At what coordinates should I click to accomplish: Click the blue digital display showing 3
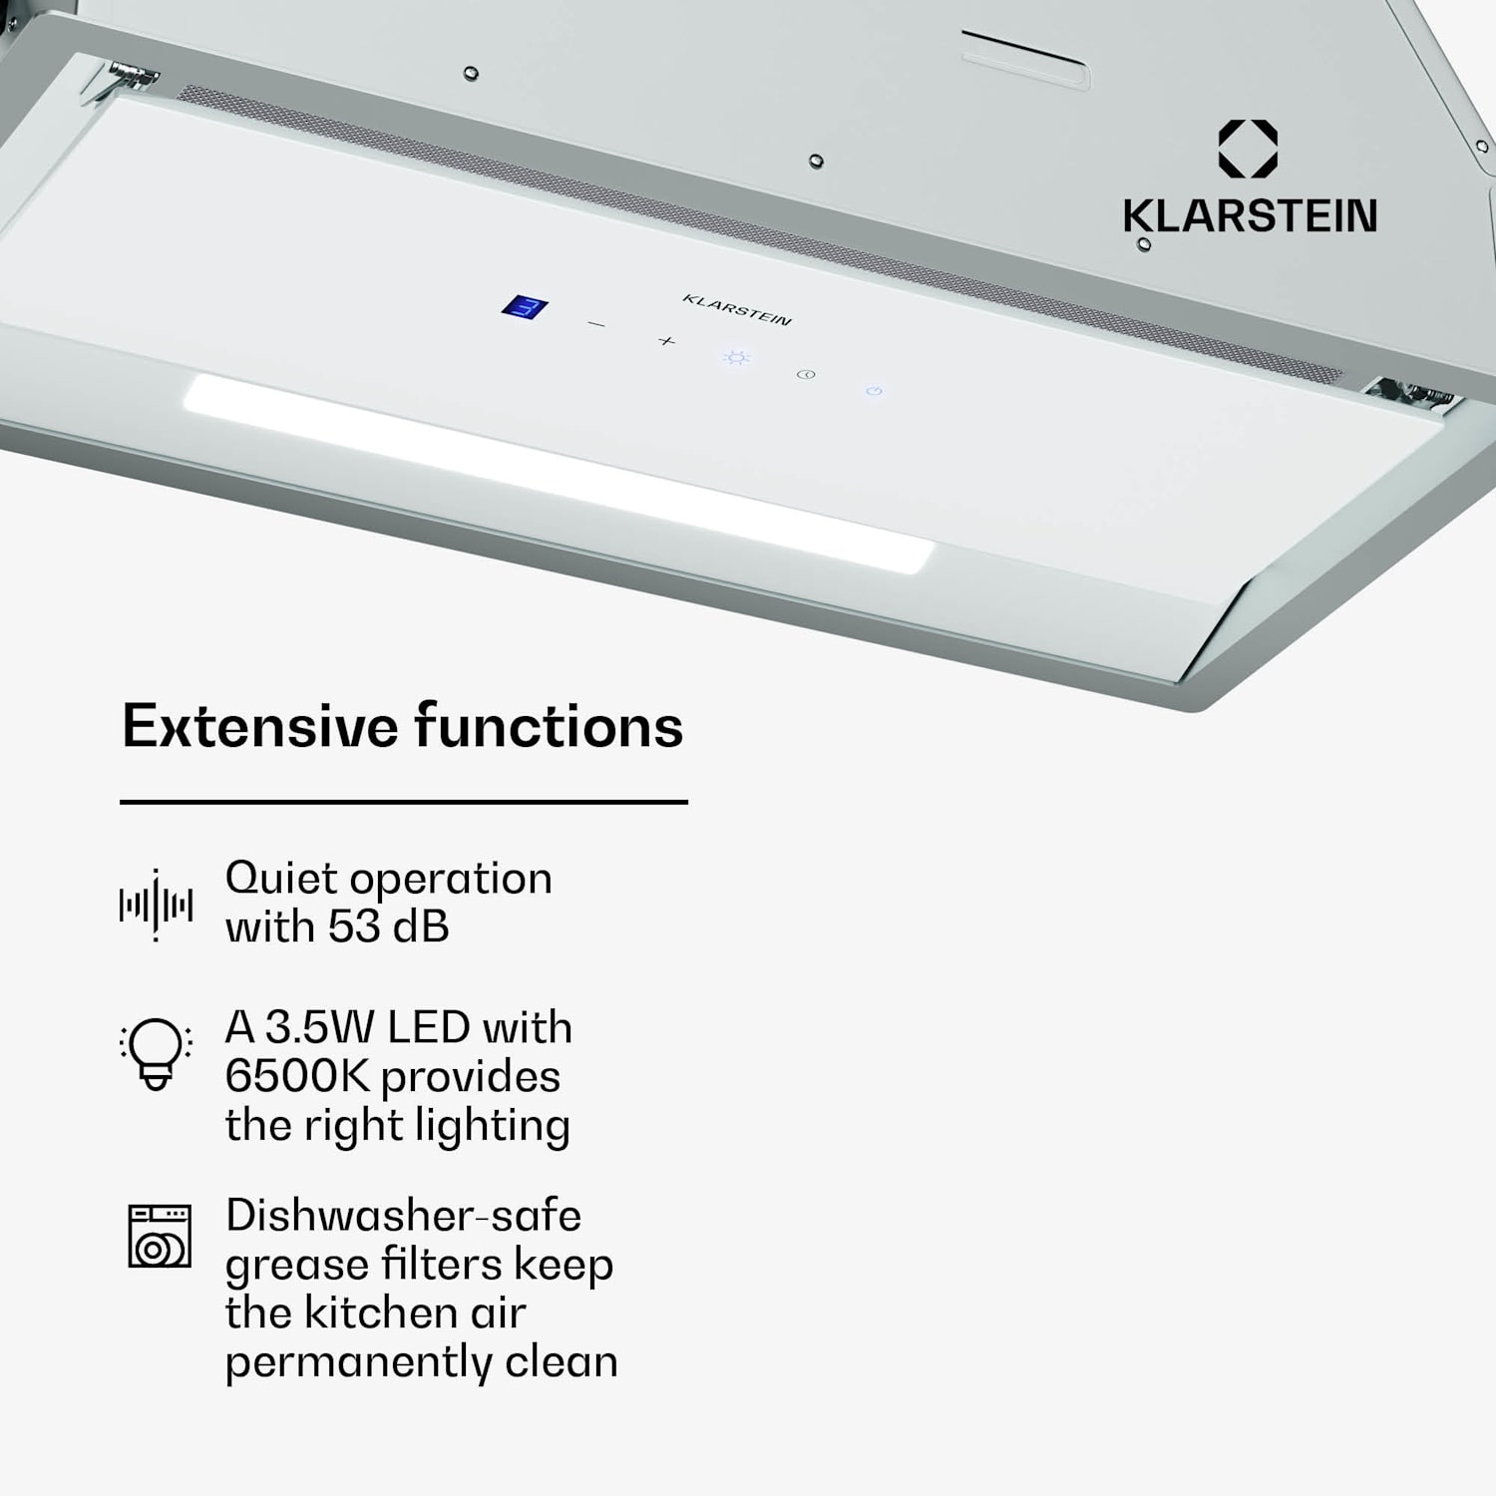coord(524,307)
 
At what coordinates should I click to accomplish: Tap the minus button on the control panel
coord(596,324)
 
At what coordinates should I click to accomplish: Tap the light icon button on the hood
coord(736,357)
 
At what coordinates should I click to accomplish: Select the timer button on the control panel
coord(806,375)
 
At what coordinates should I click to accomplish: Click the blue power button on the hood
coord(874,391)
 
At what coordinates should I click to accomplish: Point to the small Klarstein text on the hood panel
coord(737,310)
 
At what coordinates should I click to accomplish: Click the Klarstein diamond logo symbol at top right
coord(1248,149)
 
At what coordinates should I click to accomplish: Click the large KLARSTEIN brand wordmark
coord(1250,216)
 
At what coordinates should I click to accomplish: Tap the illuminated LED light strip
coord(559,473)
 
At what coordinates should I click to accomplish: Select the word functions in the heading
coord(549,726)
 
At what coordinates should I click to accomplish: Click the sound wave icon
coord(156,906)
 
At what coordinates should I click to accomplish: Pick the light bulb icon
coord(156,1053)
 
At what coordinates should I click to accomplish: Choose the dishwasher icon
coord(160,1236)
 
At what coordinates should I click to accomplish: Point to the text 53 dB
coord(389,928)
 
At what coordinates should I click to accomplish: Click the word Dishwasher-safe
coord(403,1216)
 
